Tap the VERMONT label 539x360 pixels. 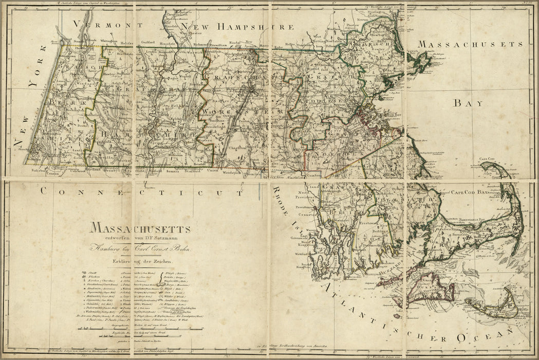coord(101,24)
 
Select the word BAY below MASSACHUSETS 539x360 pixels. coord(468,103)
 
